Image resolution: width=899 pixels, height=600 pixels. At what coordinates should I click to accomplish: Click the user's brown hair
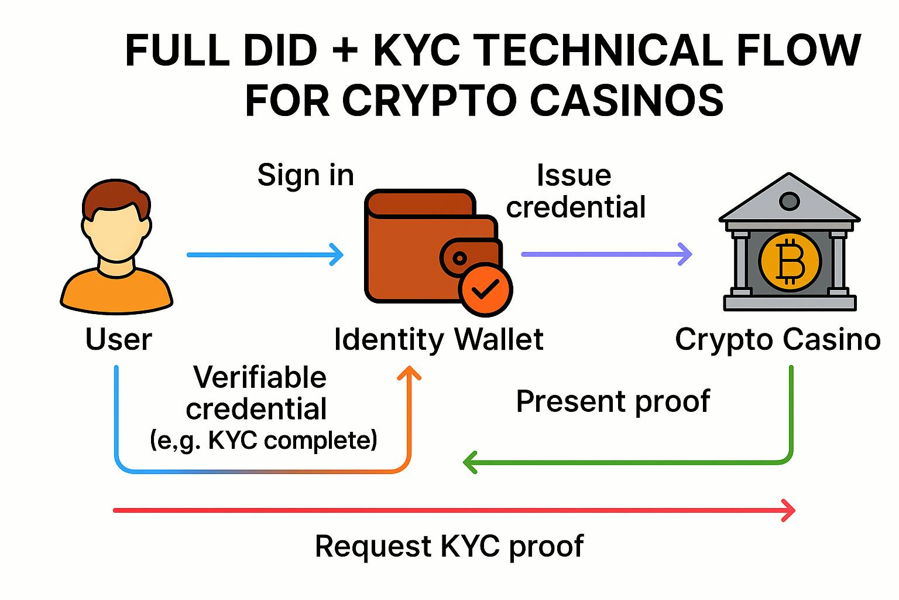pos(115,199)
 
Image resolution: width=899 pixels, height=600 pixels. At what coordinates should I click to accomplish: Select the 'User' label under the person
pos(118,339)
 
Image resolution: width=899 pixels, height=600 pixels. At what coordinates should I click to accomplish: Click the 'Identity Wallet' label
pos(438,339)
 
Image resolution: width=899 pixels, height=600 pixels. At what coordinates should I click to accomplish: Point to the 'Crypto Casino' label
pos(777,339)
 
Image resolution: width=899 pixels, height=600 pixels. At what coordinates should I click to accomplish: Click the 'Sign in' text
pos(306,175)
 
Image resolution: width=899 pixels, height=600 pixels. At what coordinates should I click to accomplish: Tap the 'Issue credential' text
pos(575,192)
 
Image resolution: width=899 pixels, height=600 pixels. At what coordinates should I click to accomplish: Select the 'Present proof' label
pos(613,401)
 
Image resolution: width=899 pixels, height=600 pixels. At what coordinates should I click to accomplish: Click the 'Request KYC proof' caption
pos(449,546)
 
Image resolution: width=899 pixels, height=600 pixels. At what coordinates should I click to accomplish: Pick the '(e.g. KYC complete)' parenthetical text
pos(263,439)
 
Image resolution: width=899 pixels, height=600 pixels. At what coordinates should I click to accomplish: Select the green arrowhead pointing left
pos(470,462)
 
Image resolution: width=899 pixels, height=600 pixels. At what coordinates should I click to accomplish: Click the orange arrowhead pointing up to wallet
pos(409,374)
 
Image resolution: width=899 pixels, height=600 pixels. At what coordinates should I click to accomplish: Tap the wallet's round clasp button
pos(460,258)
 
